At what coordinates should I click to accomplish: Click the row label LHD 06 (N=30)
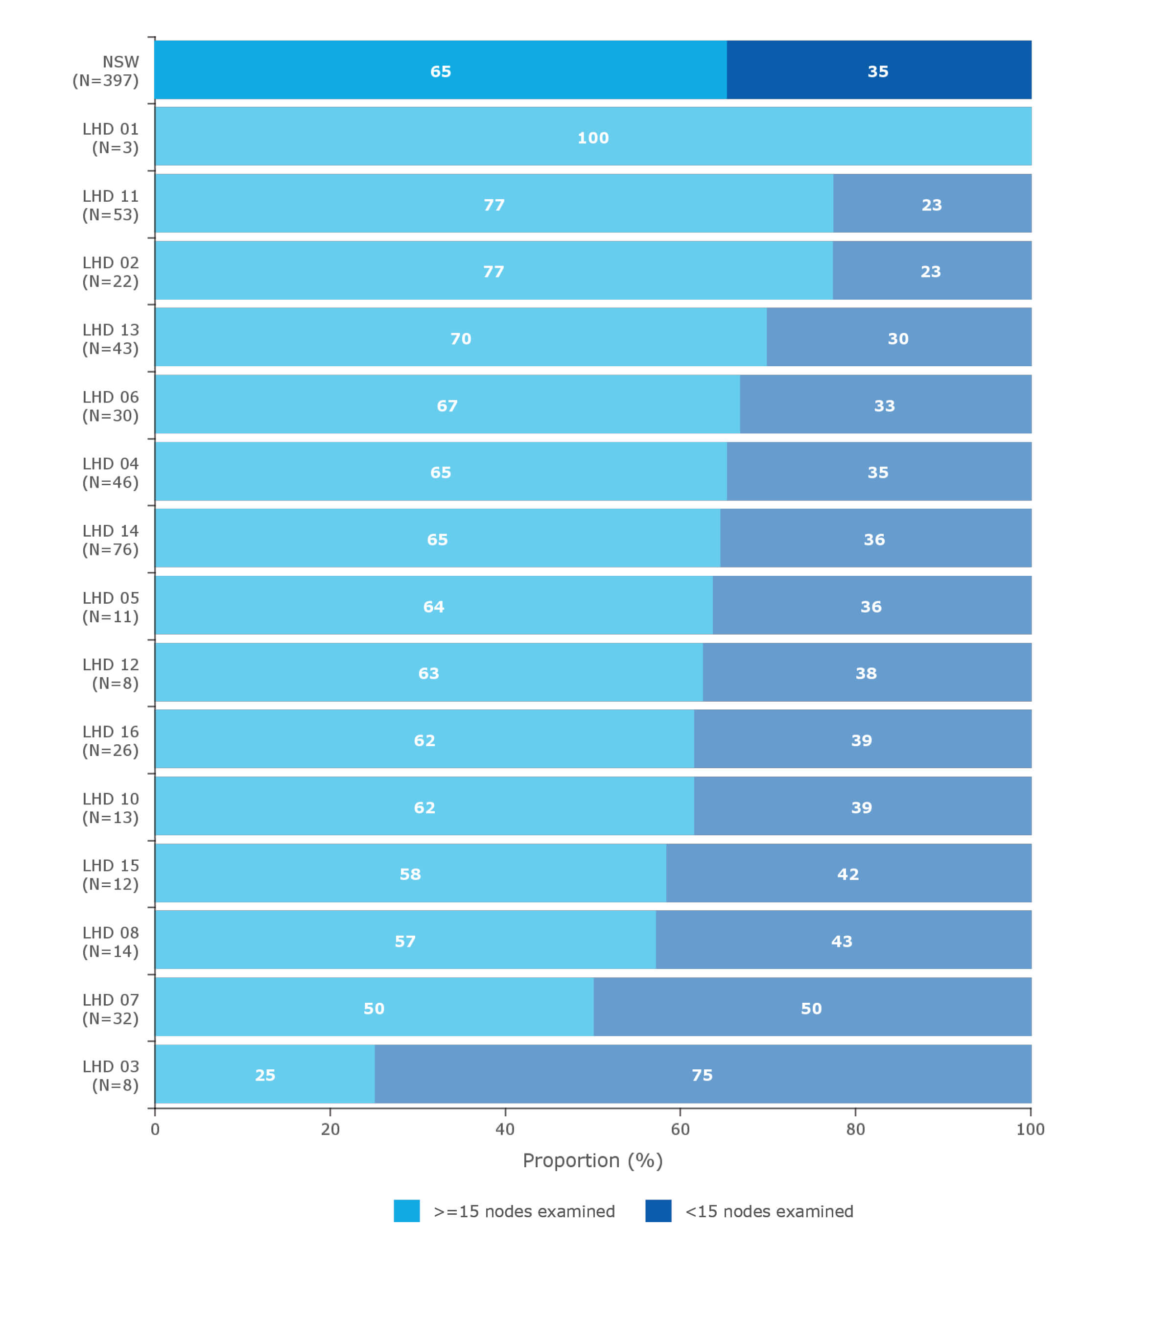(111, 406)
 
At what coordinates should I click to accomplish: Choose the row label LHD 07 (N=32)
(111, 1009)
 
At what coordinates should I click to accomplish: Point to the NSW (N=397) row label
(107, 71)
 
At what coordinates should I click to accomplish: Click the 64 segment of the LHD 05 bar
(433, 607)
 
